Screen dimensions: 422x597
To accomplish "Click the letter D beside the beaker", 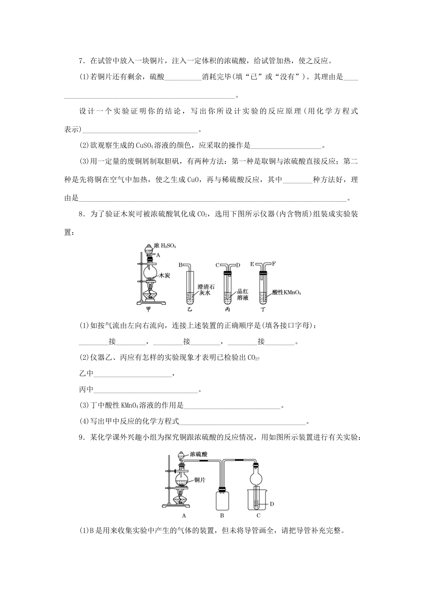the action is pyautogui.click(x=272, y=504).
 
